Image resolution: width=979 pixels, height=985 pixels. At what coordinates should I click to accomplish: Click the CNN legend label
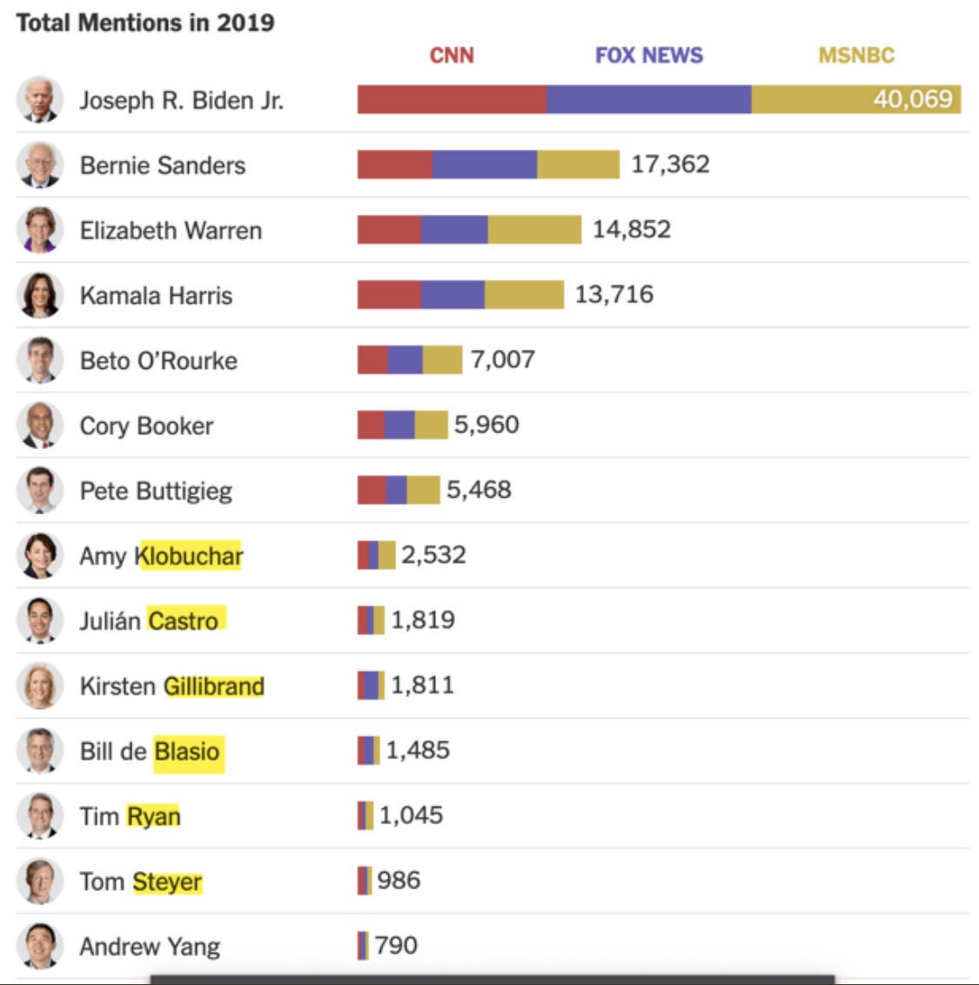tap(452, 56)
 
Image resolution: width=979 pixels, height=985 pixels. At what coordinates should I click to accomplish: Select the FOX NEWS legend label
tap(648, 56)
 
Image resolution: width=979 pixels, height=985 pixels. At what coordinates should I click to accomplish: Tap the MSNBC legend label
tap(855, 56)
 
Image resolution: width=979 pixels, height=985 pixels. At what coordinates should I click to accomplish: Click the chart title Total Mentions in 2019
tap(145, 23)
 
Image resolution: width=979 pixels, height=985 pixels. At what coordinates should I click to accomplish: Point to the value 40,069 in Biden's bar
tap(913, 99)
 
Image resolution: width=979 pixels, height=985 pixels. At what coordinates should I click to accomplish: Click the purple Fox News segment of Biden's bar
tap(648, 99)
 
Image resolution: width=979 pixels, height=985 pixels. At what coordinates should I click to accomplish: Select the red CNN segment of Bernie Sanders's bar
tap(394, 164)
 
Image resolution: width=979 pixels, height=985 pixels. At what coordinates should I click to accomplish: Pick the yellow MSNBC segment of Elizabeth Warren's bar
tap(534, 230)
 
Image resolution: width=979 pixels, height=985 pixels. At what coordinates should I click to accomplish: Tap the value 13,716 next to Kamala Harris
tap(614, 294)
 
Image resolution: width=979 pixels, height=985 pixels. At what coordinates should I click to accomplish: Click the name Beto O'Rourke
tap(158, 360)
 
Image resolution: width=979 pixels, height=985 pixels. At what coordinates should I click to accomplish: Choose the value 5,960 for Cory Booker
tap(486, 425)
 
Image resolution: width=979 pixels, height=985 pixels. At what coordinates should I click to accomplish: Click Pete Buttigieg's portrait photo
tap(39, 490)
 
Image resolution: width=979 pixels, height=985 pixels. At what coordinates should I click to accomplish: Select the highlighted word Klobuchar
tap(189, 556)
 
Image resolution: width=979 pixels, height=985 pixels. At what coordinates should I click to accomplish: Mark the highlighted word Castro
tap(184, 620)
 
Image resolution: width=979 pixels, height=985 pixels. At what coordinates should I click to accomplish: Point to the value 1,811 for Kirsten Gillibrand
tap(422, 685)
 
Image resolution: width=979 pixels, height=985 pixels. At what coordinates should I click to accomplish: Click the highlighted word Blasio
tap(187, 751)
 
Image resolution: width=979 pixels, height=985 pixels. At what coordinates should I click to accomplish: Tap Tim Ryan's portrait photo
tap(39, 815)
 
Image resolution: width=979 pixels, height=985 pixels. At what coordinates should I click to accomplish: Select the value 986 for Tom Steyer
tap(399, 881)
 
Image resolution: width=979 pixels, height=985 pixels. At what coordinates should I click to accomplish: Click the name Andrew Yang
tap(150, 947)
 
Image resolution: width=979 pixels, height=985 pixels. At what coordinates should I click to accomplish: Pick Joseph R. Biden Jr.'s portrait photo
tap(39, 99)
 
